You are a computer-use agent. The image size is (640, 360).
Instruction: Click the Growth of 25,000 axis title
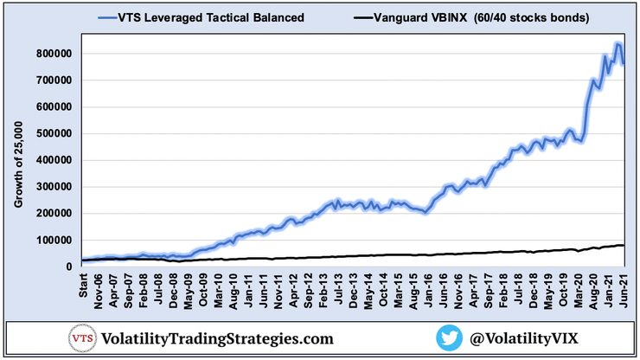[x=18, y=161]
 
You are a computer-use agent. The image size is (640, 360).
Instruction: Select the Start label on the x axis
[x=84, y=283]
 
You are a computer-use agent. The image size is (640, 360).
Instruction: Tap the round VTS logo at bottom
[x=82, y=337]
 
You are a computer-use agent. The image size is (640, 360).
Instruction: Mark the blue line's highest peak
[x=617, y=43]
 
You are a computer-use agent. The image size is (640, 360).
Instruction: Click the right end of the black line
[x=623, y=245]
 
